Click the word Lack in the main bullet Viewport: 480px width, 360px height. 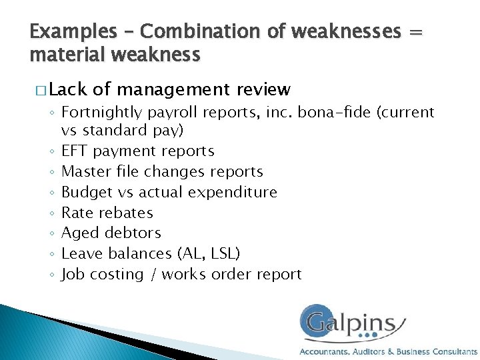tap(69, 89)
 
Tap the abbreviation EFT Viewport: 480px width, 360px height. tap(75, 151)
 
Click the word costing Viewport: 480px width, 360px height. tap(117, 275)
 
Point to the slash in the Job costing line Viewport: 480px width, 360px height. tap(153, 275)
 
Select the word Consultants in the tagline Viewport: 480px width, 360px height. tap(455, 351)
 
